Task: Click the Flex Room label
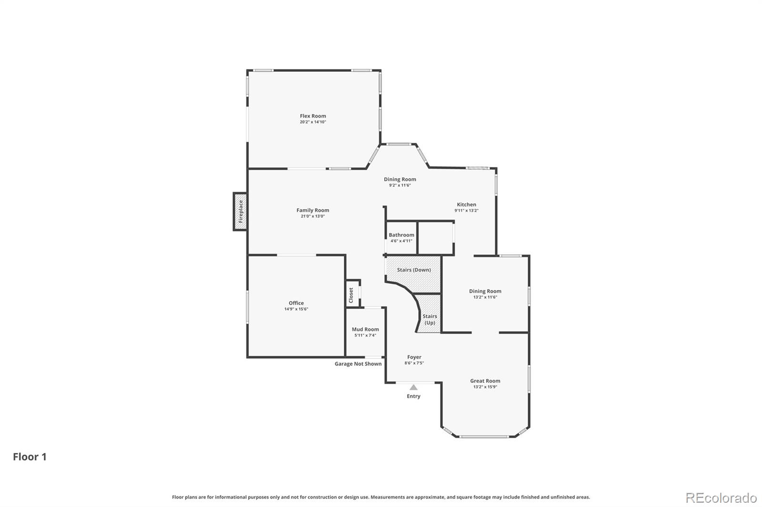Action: click(x=312, y=116)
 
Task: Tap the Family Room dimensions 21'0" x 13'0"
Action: click(x=312, y=216)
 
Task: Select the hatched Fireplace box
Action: click(x=240, y=211)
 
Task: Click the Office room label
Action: click(x=296, y=303)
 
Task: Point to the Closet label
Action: click(x=351, y=295)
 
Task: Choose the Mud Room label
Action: click(x=365, y=329)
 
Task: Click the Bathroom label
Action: click(x=401, y=235)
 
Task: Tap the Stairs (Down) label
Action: click(x=414, y=270)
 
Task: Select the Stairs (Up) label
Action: click(x=430, y=320)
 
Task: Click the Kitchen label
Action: click(x=466, y=204)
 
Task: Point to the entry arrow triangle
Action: click(x=413, y=387)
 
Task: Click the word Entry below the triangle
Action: click(x=413, y=396)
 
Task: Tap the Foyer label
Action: click(x=414, y=357)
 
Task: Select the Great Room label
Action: click(x=485, y=380)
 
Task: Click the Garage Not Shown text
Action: click(x=358, y=363)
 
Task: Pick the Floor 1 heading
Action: click(x=30, y=457)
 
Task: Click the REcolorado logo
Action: click(x=721, y=498)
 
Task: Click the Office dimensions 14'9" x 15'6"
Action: click(x=296, y=309)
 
